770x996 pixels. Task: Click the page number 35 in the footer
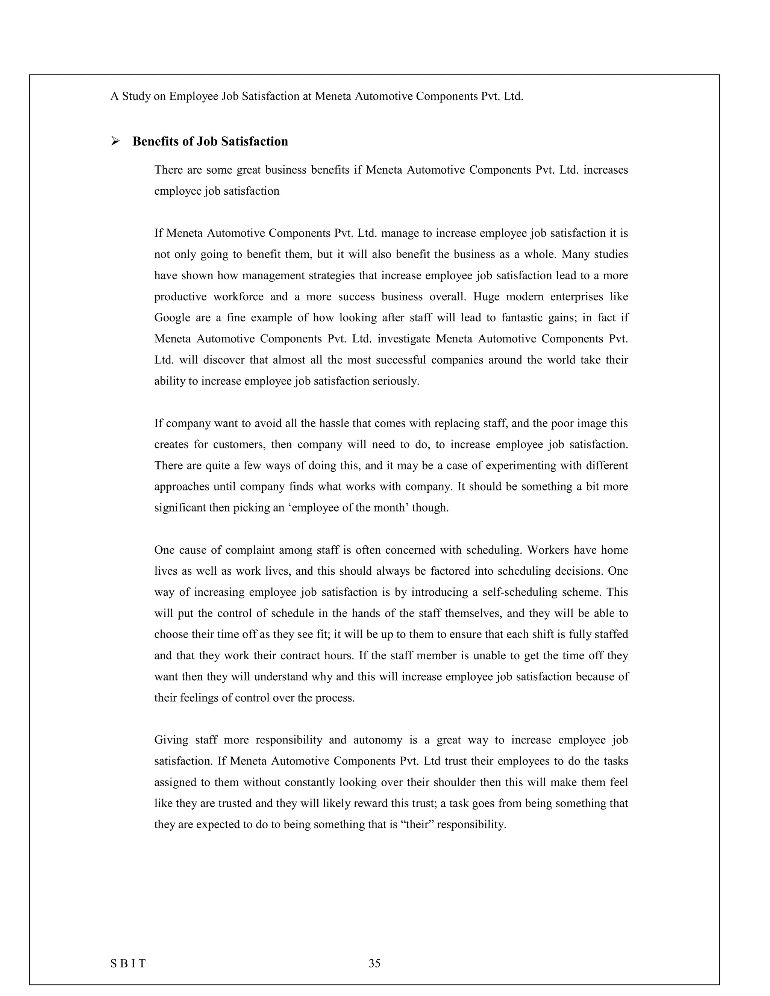tap(374, 963)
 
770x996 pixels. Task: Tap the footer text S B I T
tap(128, 963)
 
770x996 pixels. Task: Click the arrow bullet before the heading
tap(115, 141)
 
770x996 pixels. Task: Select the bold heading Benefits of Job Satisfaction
tap(210, 141)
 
